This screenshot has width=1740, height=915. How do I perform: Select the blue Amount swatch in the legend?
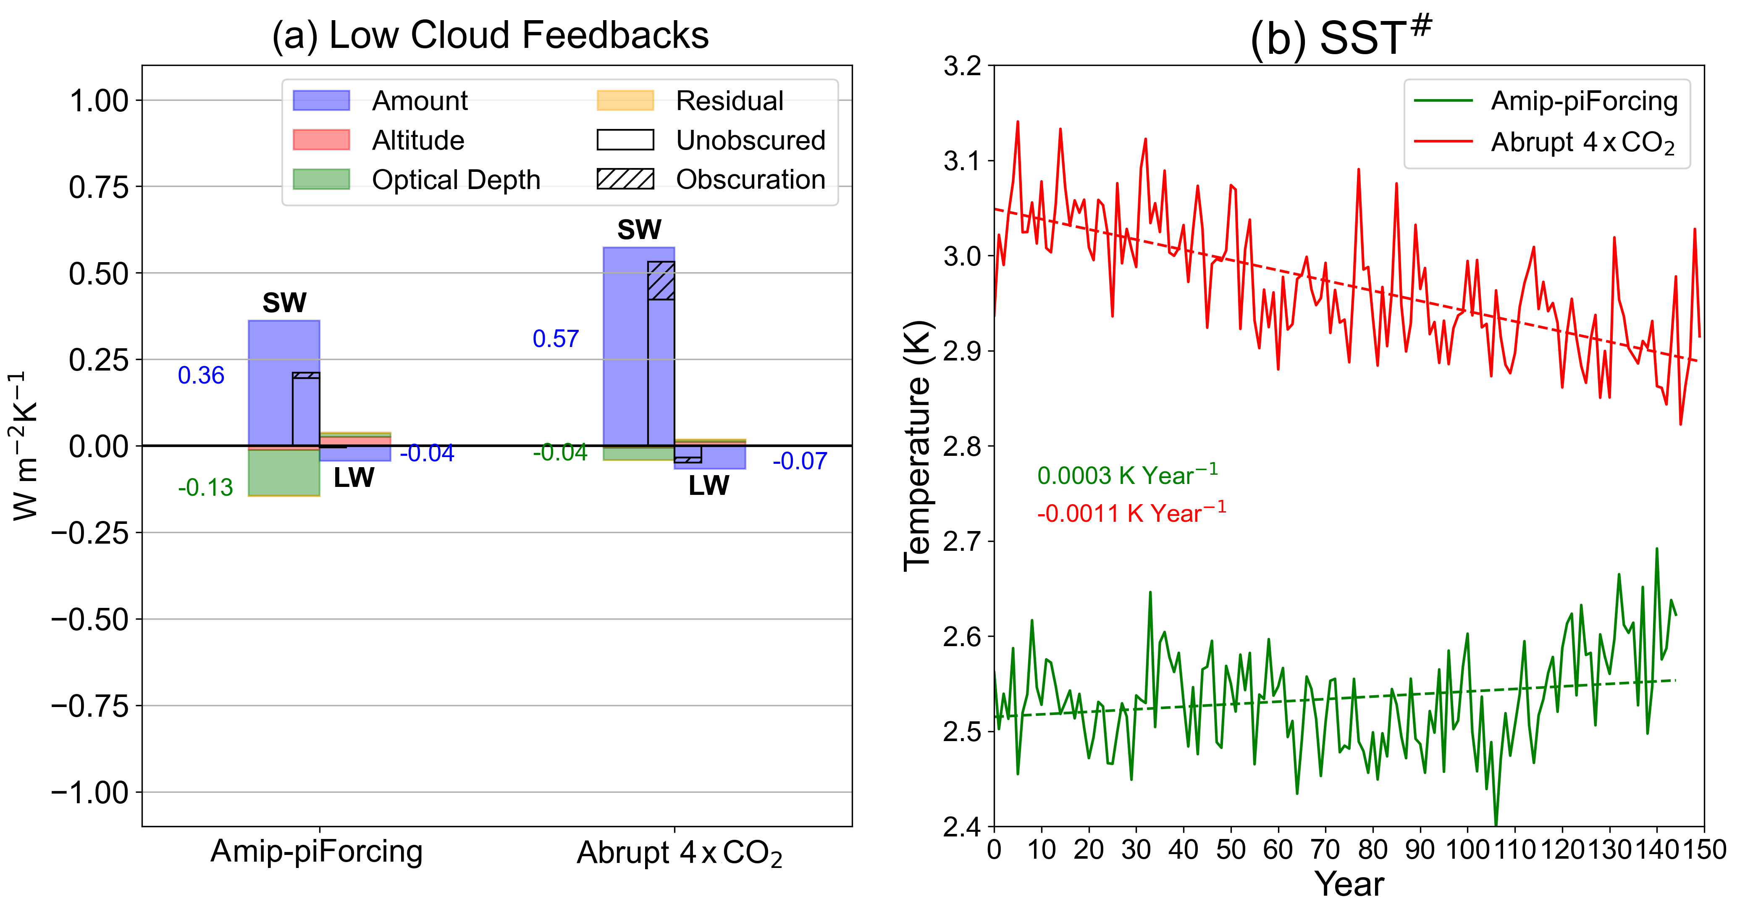tap(321, 101)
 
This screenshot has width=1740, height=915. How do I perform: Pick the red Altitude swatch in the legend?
tap(321, 140)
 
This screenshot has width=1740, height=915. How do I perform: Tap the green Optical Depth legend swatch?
tap(321, 179)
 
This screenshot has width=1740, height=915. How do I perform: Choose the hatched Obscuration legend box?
tap(625, 179)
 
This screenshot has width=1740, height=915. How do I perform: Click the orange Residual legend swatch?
tap(625, 101)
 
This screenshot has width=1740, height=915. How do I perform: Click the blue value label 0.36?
tap(201, 375)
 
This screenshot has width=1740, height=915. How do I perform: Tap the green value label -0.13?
tap(205, 487)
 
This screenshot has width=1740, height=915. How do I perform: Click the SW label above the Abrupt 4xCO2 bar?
tap(639, 230)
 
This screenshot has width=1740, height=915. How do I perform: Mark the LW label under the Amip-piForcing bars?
tap(353, 478)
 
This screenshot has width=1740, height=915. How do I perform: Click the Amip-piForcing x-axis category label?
tap(316, 851)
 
